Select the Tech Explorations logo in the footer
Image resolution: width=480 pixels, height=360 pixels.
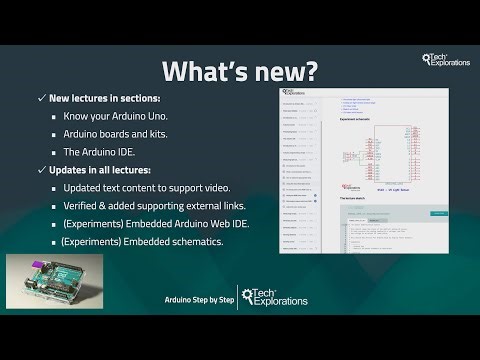(275, 299)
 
